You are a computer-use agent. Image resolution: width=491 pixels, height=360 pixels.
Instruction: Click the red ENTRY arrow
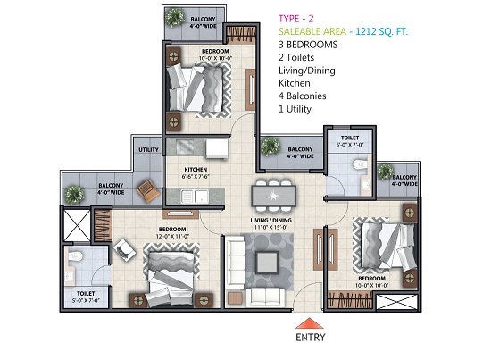point(310,323)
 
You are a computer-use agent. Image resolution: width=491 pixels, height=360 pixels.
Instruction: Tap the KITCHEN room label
point(196,170)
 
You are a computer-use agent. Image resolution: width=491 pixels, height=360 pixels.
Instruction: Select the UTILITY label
point(148,150)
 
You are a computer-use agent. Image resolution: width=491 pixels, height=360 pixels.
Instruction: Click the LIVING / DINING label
point(270,221)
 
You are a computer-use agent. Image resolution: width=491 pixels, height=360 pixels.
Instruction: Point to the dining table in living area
point(273,197)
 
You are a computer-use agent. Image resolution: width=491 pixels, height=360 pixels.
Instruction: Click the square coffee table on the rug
point(267,262)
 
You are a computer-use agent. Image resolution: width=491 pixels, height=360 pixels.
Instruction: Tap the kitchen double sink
point(195,197)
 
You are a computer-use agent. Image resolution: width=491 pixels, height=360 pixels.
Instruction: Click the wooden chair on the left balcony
point(148,191)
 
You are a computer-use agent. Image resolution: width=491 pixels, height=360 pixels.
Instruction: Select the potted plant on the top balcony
point(175,17)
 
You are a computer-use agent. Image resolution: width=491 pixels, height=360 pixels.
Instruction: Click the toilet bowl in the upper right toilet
point(360,163)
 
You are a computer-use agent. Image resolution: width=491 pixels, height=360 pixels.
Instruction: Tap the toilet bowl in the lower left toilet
point(75,256)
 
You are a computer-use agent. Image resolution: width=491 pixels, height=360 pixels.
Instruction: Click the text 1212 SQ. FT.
point(382,31)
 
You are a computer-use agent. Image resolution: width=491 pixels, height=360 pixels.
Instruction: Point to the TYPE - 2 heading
point(295,19)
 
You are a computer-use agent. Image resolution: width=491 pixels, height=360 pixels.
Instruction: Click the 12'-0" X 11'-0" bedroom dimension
point(172,237)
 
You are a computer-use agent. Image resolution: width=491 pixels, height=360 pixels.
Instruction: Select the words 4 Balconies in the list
point(302,96)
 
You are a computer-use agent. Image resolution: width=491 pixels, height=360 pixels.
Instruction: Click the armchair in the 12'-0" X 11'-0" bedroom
point(125,250)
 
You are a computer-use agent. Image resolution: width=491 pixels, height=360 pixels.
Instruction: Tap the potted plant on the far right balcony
point(385,172)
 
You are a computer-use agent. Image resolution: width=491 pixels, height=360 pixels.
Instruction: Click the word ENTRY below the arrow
point(311,338)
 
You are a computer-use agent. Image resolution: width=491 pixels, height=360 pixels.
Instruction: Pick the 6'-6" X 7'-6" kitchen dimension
point(196,176)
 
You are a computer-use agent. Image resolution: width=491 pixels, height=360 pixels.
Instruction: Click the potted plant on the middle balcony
point(270,147)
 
